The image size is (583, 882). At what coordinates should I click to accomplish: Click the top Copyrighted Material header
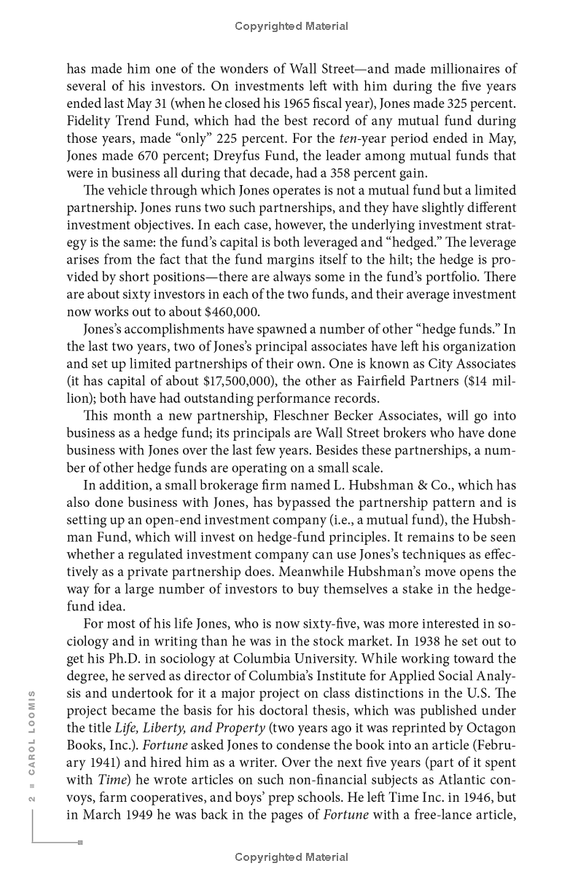point(291,26)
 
